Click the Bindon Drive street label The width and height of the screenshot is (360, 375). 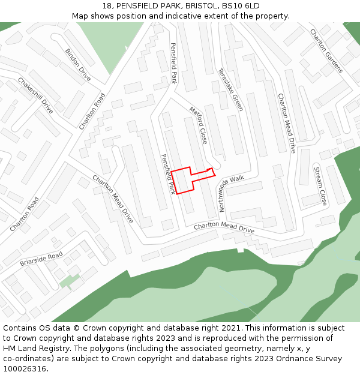[78, 65]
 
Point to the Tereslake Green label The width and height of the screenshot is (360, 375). [231, 89]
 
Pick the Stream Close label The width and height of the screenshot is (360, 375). [320, 186]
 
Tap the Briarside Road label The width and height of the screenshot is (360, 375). [41, 259]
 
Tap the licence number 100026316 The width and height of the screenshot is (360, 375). [25, 369]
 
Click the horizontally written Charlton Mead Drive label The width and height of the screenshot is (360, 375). [224, 228]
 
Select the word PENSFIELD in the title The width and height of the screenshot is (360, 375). [136, 5]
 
